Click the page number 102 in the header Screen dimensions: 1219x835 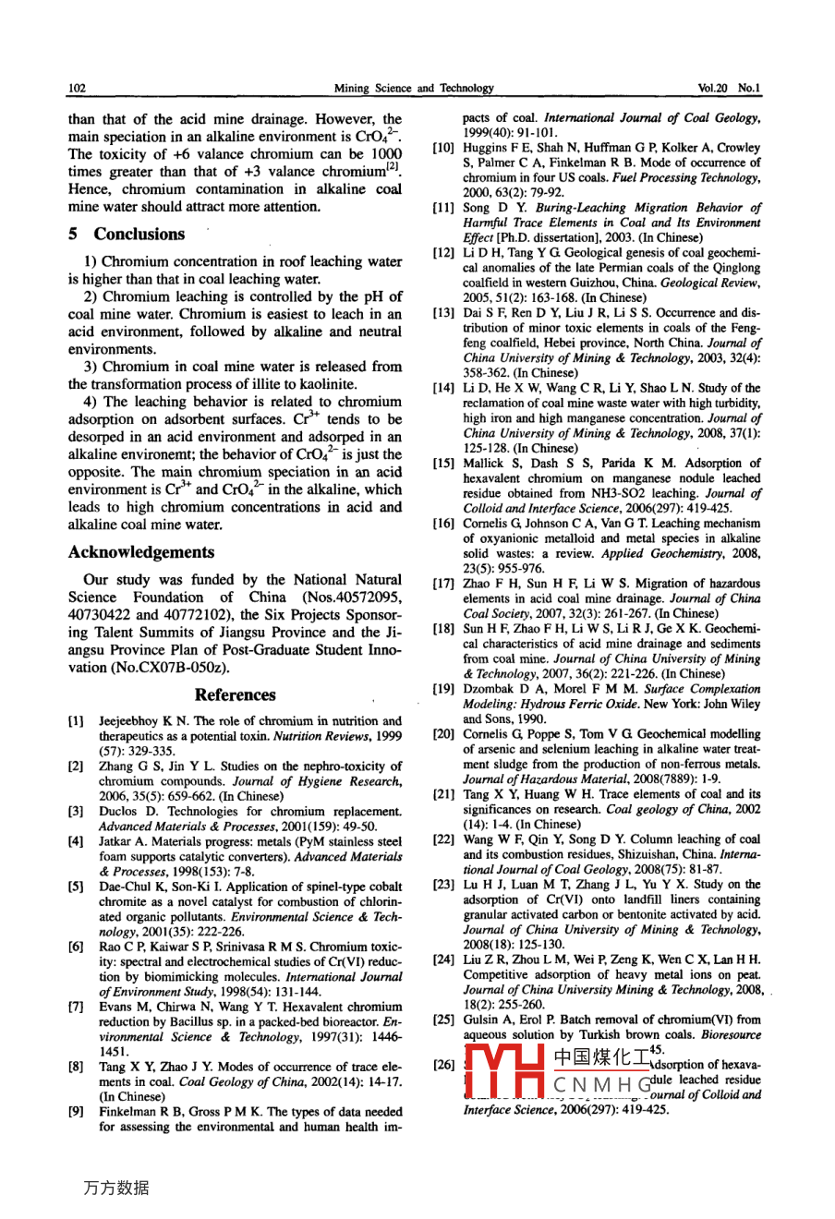pyautogui.click(x=78, y=89)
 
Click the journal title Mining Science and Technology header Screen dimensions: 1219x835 pyautogui.click(x=414, y=89)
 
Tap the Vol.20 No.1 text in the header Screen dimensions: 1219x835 pyautogui.click(x=729, y=89)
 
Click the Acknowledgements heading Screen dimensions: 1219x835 pyautogui.click(x=141, y=552)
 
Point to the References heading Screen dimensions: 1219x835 pyautogui.click(x=236, y=695)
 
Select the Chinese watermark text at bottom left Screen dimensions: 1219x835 pyautogui.click(x=116, y=1189)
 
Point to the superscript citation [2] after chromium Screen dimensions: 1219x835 pyautogui.click(x=393, y=166)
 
